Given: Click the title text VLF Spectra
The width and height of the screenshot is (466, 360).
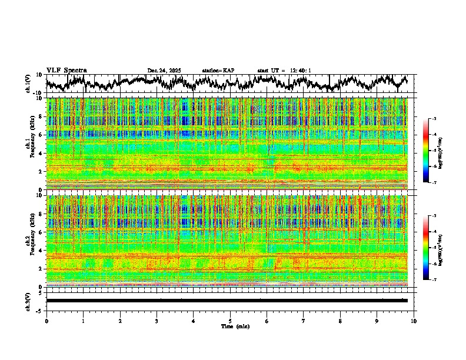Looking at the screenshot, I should click(66, 71).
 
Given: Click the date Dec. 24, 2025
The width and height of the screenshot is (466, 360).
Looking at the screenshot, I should click(164, 71).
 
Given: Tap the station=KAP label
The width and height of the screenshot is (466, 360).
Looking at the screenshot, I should click(218, 71).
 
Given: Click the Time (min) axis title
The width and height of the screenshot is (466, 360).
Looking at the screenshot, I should click(230, 326).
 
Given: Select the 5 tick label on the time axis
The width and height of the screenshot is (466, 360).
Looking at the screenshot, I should click(230, 321).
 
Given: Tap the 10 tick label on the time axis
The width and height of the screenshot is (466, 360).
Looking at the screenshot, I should click(414, 321).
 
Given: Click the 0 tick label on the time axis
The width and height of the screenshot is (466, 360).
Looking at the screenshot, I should click(46, 321).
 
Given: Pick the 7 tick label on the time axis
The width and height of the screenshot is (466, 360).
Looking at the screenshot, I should click(304, 321).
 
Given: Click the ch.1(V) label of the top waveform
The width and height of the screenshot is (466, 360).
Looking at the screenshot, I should click(28, 84).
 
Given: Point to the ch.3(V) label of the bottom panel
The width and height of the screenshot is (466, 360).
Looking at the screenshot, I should click(28, 301).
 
